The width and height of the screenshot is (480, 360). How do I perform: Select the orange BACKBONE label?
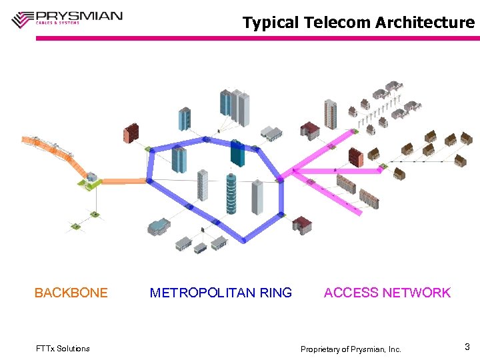pos(71,293)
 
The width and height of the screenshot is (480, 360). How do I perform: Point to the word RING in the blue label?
pos(275,293)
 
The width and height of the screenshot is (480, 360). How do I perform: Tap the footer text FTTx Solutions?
pos(62,349)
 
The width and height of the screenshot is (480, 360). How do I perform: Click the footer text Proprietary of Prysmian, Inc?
pos(351,349)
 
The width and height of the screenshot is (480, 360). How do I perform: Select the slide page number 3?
pos(467,347)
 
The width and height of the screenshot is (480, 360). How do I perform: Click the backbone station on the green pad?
pos(90,178)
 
